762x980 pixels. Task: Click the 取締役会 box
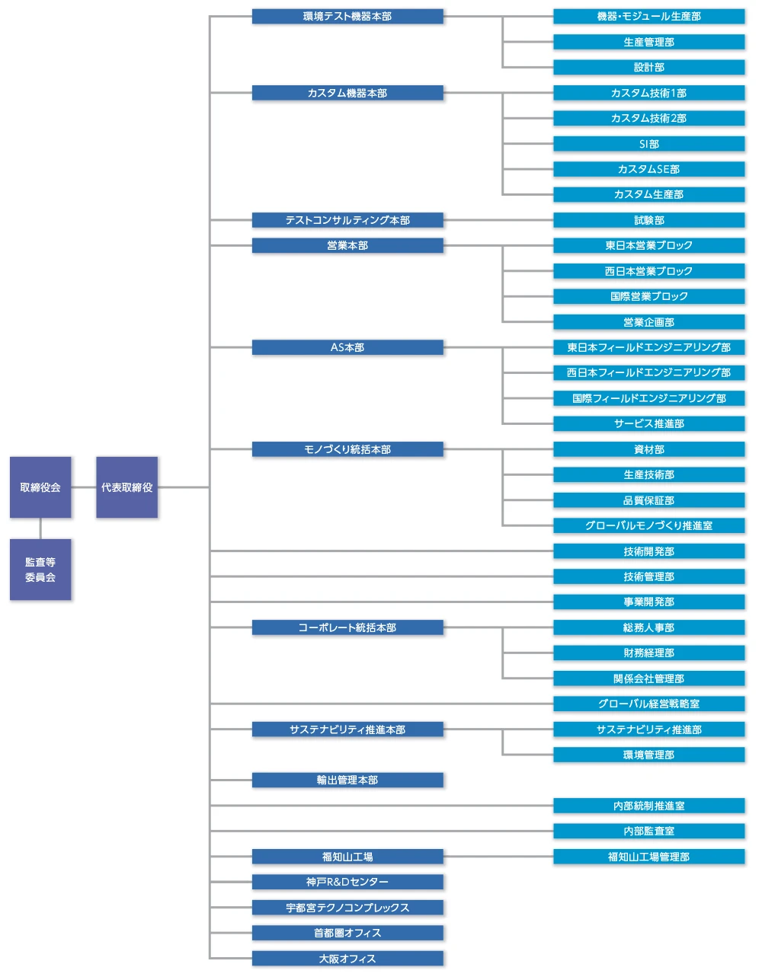tap(40, 487)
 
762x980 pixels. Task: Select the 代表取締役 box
tap(126, 487)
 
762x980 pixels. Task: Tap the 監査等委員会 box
tap(40, 569)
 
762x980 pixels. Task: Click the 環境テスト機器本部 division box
tap(347, 16)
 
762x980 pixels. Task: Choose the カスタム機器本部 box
tap(347, 93)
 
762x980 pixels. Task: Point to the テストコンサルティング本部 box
tap(347, 220)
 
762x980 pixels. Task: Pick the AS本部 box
tap(347, 347)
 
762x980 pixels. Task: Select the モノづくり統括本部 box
tap(347, 449)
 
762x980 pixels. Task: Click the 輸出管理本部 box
tap(347, 780)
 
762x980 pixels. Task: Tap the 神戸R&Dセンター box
tap(347, 882)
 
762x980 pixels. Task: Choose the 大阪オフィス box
tap(347, 959)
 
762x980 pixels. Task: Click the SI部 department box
tap(648, 144)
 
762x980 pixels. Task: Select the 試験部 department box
tap(648, 220)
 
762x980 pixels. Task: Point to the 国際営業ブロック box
tap(648, 296)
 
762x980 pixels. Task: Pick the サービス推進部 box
tap(648, 423)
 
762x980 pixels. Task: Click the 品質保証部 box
tap(648, 500)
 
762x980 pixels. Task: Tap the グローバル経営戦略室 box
tap(648, 704)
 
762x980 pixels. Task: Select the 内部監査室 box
tap(648, 831)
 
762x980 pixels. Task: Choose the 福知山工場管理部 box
tap(648, 857)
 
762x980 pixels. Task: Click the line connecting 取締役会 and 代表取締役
tap(84, 487)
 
